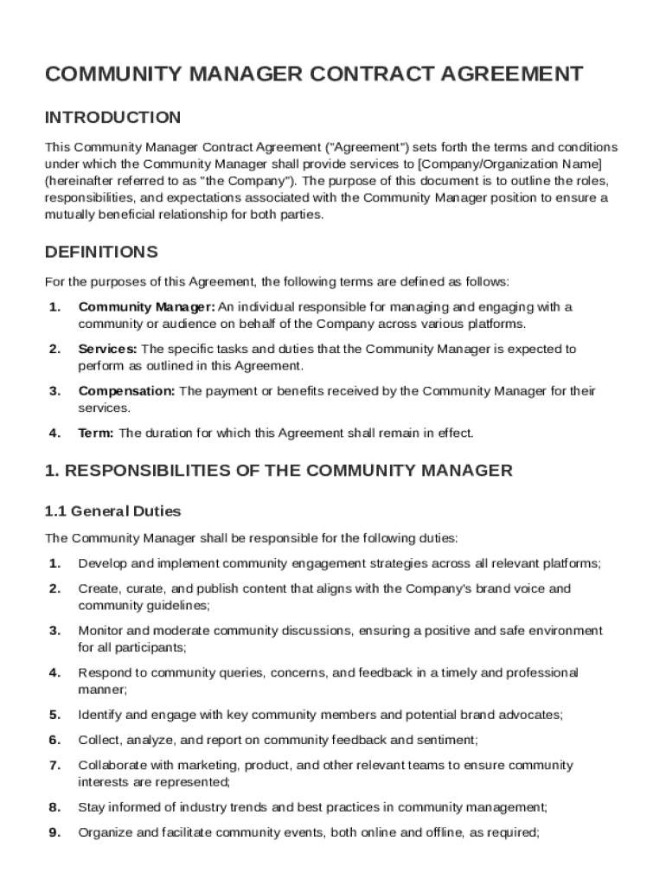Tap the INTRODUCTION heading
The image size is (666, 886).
[112, 118]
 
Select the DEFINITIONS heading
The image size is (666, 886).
[101, 253]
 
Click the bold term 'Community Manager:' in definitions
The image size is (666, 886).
[146, 307]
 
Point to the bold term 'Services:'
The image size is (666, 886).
[107, 350]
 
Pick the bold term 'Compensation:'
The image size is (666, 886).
[127, 391]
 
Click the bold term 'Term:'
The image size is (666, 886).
[96, 433]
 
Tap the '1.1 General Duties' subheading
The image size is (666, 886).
[112, 511]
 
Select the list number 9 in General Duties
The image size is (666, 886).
[54, 833]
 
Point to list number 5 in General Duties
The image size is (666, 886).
[54, 716]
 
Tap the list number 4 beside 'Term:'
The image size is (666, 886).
[54, 433]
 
